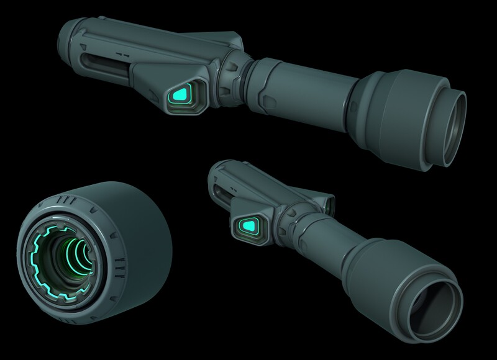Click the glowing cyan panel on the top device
[182, 94]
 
